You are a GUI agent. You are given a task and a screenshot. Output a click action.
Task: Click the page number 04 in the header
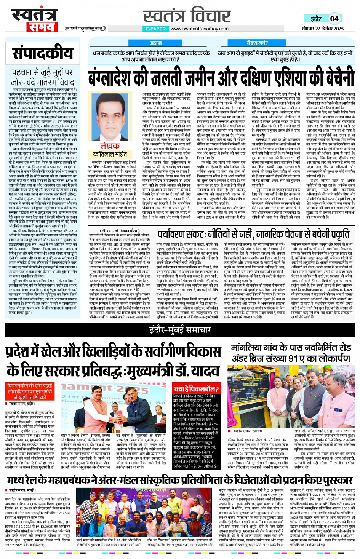[x=334, y=19]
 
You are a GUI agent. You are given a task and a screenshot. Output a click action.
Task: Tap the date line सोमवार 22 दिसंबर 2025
[x=323, y=29]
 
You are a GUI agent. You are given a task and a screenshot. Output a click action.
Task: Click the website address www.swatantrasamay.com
[x=199, y=29]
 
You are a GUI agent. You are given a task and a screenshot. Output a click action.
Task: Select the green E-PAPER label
[x=155, y=29]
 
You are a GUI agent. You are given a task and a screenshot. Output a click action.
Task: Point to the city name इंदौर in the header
[x=316, y=19]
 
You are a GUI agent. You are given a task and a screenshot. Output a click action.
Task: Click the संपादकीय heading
[x=42, y=53]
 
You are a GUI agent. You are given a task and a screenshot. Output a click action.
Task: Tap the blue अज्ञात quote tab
[x=155, y=43]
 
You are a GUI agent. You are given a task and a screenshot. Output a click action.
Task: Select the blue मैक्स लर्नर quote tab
[x=257, y=43]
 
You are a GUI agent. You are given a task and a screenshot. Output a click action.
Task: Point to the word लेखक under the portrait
[x=110, y=146]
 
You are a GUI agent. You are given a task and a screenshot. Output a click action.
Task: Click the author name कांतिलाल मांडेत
[x=110, y=154]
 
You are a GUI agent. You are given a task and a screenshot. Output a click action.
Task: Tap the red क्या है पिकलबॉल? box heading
[x=196, y=389]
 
